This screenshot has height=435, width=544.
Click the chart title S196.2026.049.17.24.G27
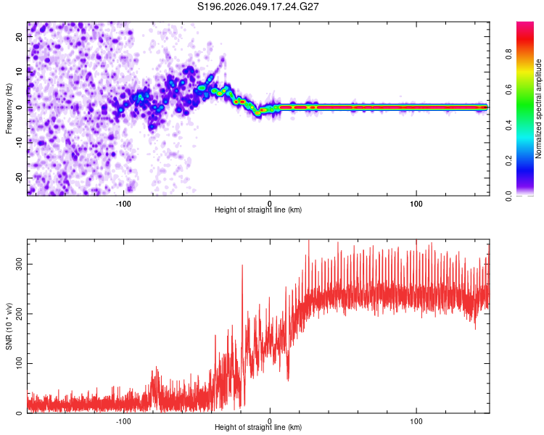[259, 7]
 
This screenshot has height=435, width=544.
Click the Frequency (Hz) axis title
[9, 108]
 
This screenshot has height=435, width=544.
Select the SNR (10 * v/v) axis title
[9, 326]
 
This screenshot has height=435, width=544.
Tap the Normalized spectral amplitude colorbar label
[539, 109]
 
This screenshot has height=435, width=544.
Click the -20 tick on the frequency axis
[20, 178]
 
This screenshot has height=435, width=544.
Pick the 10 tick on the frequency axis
[20, 72]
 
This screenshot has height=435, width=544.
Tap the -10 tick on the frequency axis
[20, 143]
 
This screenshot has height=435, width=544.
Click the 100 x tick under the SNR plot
[416, 420]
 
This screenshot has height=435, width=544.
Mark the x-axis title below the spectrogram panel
[258, 210]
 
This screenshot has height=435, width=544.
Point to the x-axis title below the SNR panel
[258, 428]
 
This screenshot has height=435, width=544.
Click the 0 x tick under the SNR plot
[270, 420]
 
